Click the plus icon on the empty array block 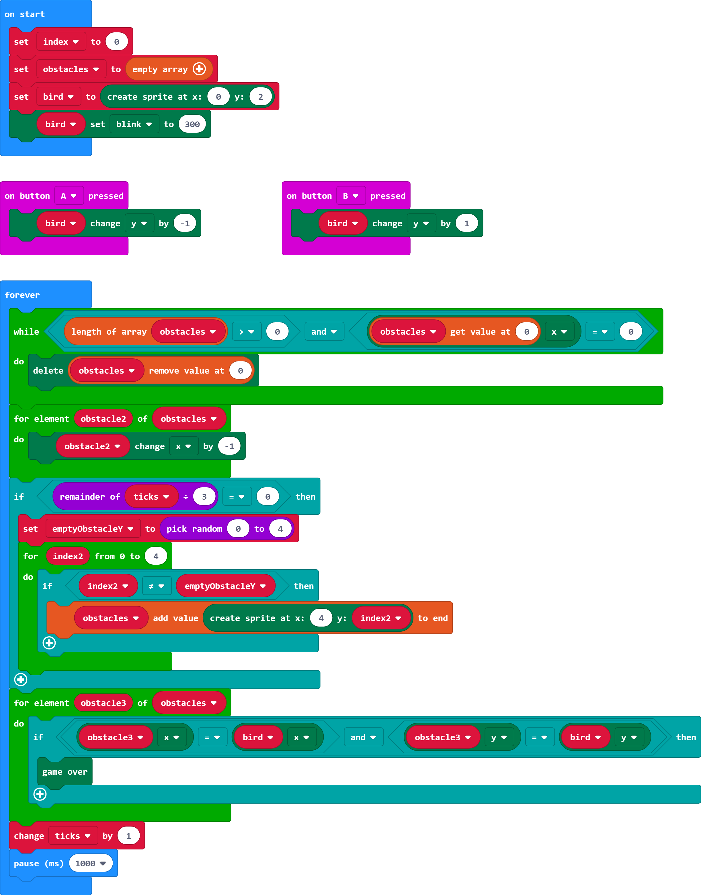(200, 69)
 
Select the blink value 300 (192, 124)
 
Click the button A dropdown (69, 196)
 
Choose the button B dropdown (350, 196)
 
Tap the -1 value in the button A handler (185, 223)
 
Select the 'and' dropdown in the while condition (324, 332)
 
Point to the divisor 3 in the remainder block (204, 497)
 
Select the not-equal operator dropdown (156, 586)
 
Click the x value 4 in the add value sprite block (321, 618)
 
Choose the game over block (65, 772)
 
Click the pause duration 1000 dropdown (90, 863)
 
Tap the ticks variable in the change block (73, 836)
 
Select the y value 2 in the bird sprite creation (260, 97)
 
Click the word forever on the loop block (22, 295)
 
